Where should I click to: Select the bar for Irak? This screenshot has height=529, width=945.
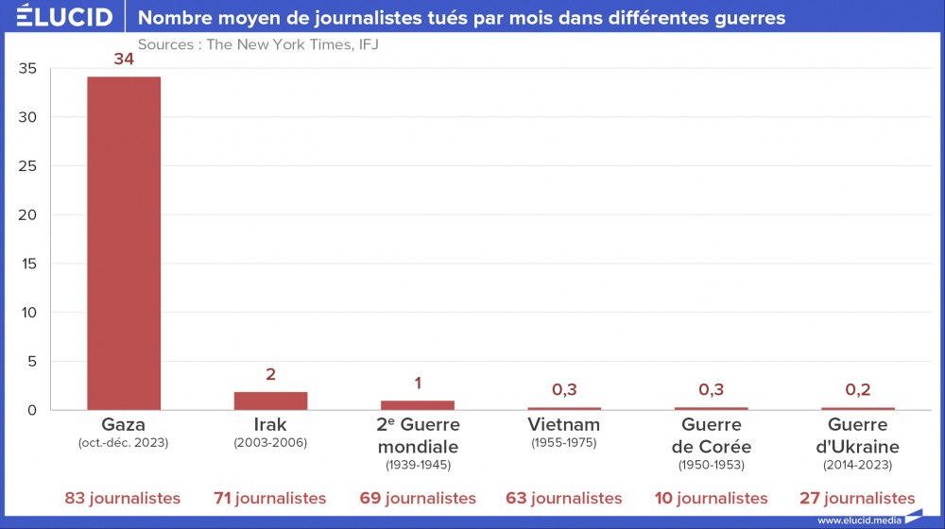pyautogui.click(x=270, y=401)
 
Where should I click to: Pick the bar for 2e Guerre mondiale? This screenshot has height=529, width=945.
pyautogui.click(x=418, y=405)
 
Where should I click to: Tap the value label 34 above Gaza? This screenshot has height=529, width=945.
pyautogui.click(x=124, y=60)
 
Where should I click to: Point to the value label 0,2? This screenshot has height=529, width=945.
pyautogui.click(x=858, y=389)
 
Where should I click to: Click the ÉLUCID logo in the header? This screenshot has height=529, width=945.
pyautogui.click(x=64, y=17)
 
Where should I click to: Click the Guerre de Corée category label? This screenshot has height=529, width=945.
pyautogui.click(x=711, y=435)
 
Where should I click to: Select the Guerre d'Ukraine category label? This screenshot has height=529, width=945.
pyautogui.click(x=857, y=435)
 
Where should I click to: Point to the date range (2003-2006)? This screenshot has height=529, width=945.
pyautogui.click(x=270, y=442)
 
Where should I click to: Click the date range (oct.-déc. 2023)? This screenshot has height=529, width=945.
pyautogui.click(x=124, y=442)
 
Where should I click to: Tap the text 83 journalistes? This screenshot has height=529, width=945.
pyautogui.click(x=124, y=498)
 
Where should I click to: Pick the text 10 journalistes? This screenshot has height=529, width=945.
pyautogui.click(x=711, y=498)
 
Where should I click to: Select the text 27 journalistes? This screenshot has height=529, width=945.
pyautogui.click(x=857, y=498)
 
